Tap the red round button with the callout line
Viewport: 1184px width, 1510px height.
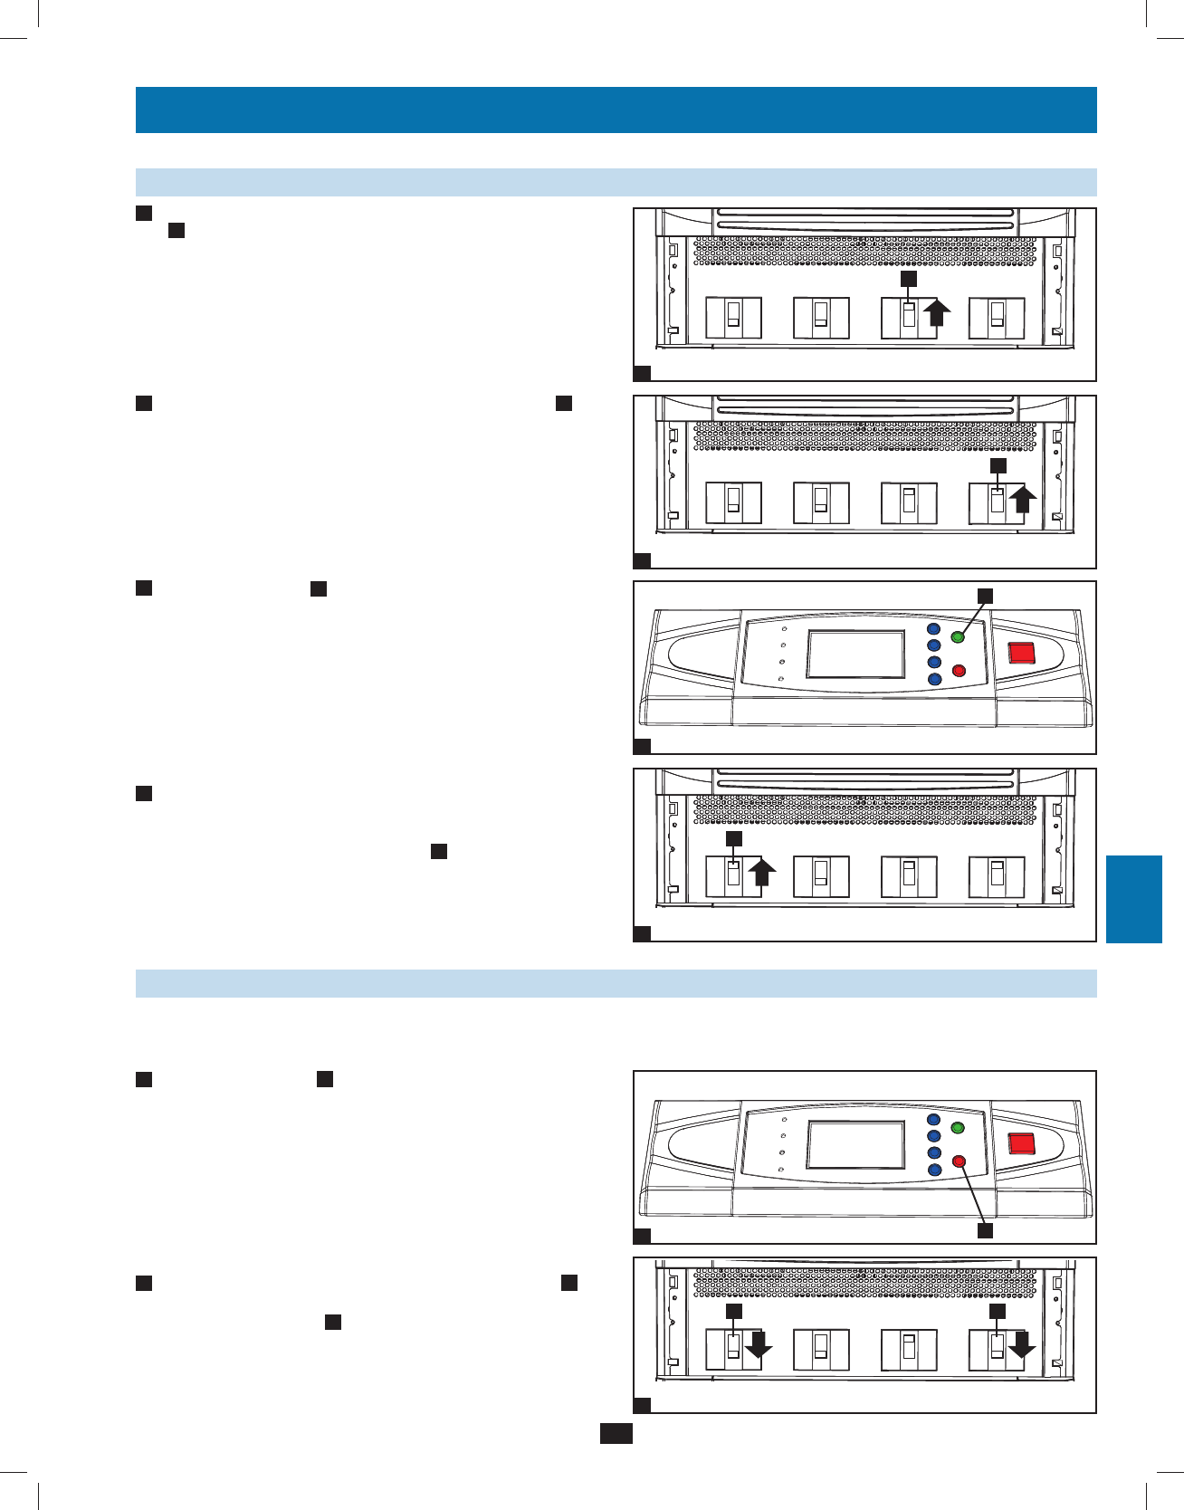960,1161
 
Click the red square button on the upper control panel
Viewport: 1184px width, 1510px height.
1022,653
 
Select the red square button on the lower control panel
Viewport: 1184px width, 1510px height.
1022,1142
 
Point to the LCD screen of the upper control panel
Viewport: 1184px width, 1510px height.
855,654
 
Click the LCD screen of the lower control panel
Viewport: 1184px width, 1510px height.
855,1145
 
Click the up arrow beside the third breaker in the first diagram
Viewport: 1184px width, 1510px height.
937,312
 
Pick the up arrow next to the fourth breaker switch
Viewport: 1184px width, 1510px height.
1023,500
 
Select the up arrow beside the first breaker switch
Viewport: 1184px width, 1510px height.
762,873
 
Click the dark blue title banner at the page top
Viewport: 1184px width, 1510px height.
616,110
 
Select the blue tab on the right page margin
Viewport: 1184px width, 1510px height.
1133,899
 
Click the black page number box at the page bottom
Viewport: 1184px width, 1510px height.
616,1433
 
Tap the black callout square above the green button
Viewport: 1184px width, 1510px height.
985,595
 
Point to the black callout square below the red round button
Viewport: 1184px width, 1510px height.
985,1231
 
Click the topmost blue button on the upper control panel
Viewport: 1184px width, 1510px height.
934,629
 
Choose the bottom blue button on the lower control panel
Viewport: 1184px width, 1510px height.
934,1170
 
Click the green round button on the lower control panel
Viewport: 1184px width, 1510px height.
958,1128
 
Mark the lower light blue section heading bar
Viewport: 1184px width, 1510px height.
616,983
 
